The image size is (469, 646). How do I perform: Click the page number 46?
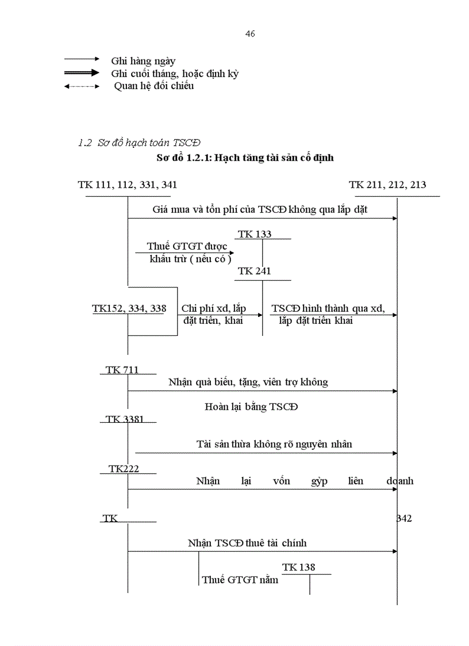250,34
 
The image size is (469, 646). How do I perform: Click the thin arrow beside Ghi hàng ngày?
82,59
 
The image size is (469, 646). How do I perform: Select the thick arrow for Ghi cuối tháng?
82,73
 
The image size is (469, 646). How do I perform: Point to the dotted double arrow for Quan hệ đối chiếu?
82,87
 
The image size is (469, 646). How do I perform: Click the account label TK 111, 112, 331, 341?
128,185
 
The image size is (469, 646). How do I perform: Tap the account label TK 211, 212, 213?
387,185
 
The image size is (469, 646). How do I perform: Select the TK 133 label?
255,234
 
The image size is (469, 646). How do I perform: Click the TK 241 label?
255,271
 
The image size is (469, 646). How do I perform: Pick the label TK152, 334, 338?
129,308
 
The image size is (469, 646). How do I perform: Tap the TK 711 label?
122,369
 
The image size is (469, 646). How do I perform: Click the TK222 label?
124,469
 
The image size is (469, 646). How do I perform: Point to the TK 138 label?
299,567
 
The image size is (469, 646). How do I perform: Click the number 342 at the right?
404,518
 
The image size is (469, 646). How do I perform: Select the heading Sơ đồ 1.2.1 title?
245,158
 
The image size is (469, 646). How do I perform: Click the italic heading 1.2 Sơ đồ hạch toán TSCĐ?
139,142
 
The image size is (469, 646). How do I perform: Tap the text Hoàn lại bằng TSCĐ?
252,407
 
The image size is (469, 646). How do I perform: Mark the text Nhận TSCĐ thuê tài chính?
247,542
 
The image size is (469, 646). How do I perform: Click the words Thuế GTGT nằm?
240,580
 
